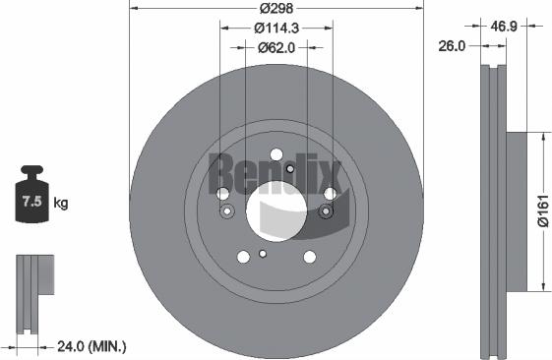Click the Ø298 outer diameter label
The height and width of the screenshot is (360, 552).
click(276, 11)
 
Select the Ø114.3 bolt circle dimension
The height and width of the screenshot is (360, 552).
click(276, 29)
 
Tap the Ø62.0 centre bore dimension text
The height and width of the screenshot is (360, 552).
click(276, 46)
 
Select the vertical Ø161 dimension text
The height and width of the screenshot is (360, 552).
click(542, 211)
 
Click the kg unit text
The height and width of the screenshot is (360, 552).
click(60, 204)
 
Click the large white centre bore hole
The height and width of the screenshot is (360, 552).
click(276, 211)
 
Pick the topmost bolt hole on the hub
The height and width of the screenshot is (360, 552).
click(276, 155)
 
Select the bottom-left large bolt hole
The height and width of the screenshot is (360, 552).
click(243, 257)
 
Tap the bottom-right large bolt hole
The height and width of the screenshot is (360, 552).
click(309, 257)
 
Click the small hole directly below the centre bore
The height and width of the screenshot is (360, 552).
click(263, 254)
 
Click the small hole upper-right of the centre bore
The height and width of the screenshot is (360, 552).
click(289, 169)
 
